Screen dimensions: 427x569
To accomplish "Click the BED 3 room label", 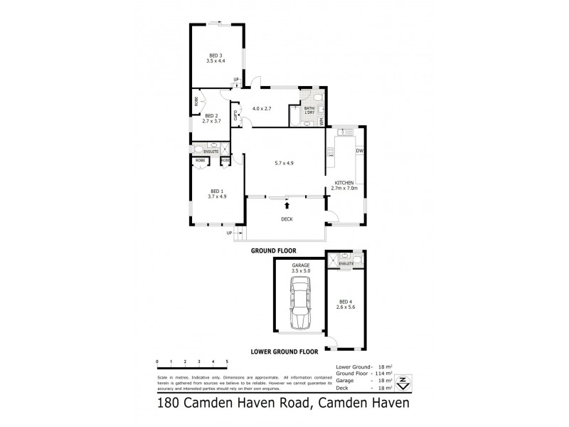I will [x=216, y=56].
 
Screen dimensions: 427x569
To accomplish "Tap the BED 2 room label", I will [x=211, y=115].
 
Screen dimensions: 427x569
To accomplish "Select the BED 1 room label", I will [x=217, y=190].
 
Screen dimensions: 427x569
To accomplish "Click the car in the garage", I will [x=299, y=306].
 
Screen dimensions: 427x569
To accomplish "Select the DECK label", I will [x=287, y=219].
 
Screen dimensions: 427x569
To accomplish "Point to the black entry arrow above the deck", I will [x=287, y=206].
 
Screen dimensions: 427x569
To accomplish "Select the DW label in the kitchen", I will [x=360, y=151].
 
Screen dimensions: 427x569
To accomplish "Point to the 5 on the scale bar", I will [x=227, y=362].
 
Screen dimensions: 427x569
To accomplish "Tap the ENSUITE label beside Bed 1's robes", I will [x=211, y=151].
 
